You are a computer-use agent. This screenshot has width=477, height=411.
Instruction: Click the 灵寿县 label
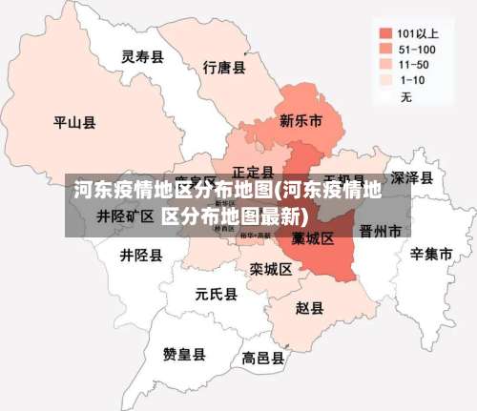(x=142, y=57)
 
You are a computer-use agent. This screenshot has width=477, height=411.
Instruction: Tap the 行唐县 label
(x=225, y=68)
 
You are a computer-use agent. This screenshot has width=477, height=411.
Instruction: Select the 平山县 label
(x=73, y=122)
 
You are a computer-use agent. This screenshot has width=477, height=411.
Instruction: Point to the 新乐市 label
(x=300, y=121)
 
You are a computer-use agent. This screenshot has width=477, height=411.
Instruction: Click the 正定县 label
(x=253, y=172)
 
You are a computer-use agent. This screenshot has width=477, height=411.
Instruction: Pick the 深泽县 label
(x=412, y=178)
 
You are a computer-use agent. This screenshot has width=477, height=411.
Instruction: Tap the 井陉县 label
(x=141, y=256)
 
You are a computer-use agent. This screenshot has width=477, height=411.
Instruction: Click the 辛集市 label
(x=430, y=255)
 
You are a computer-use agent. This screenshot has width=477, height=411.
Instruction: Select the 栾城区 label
(x=271, y=270)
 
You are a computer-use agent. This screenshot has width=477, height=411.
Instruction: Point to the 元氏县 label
(x=216, y=294)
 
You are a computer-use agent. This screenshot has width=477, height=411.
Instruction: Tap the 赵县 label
(x=309, y=308)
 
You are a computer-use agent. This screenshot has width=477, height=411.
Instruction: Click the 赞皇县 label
(x=184, y=355)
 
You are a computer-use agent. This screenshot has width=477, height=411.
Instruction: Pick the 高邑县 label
(x=262, y=359)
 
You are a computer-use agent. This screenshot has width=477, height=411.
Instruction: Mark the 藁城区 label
(x=313, y=237)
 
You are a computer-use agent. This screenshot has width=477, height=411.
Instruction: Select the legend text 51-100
(x=418, y=48)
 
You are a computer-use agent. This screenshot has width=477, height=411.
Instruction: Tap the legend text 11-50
(x=414, y=64)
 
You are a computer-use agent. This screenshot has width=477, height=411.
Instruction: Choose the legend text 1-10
(x=412, y=80)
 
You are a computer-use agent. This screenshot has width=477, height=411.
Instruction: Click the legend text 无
(x=405, y=97)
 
